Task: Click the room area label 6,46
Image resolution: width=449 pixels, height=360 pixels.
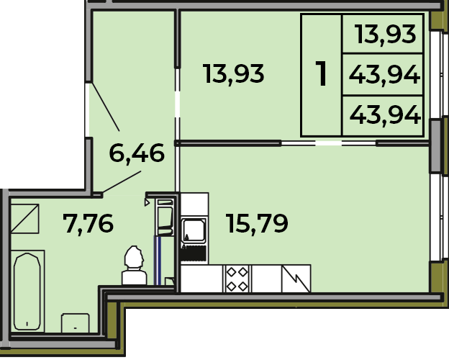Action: click(x=137, y=153)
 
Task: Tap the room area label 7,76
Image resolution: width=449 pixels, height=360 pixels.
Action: click(x=89, y=224)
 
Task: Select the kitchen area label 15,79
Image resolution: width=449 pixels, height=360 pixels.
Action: click(x=257, y=224)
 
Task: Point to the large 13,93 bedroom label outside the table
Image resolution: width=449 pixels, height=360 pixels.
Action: click(x=233, y=74)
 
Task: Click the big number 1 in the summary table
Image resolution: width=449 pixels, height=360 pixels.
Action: click(x=322, y=73)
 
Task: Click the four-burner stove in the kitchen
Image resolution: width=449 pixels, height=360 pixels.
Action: click(x=237, y=279)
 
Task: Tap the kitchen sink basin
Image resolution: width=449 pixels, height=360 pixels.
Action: click(x=194, y=230)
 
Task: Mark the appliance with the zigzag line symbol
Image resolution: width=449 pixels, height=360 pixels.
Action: click(x=296, y=279)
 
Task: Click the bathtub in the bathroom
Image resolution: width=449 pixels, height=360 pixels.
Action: click(x=27, y=291)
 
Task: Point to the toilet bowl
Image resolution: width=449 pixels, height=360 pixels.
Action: click(x=133, y=258)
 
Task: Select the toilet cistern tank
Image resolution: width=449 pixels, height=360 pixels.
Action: click(x=135, y=277)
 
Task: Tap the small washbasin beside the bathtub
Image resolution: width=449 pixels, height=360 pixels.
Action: click(x=76, y=323)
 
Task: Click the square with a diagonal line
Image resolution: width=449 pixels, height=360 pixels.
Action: click(x=25, y=218)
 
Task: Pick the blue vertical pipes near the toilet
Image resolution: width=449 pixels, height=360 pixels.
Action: click(x=158, y=261)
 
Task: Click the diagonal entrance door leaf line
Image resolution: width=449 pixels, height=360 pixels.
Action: click(x=106, y=107)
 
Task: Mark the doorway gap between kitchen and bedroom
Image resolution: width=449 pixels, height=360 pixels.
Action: click(x=328, y=143)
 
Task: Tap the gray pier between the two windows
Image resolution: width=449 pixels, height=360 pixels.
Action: click(x=435, y=146)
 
